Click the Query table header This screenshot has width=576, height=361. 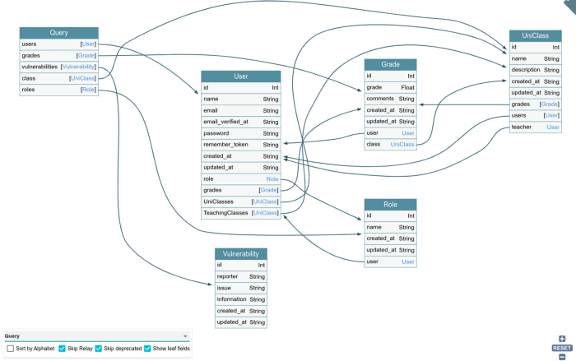point(58,33)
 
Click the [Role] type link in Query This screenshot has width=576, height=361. point(88,90)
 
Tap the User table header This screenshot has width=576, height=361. point(241,76)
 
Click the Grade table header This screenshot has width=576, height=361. point(390,64)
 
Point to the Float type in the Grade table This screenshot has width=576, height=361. point(407,87)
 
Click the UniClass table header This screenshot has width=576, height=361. point(535,35)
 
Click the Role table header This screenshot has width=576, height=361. point(390,205)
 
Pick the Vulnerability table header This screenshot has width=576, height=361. point(241,254)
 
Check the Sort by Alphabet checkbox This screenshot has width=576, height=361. point(10,349)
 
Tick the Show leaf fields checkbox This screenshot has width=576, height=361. point(147,349)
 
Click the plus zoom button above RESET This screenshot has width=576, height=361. point(562,339)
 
